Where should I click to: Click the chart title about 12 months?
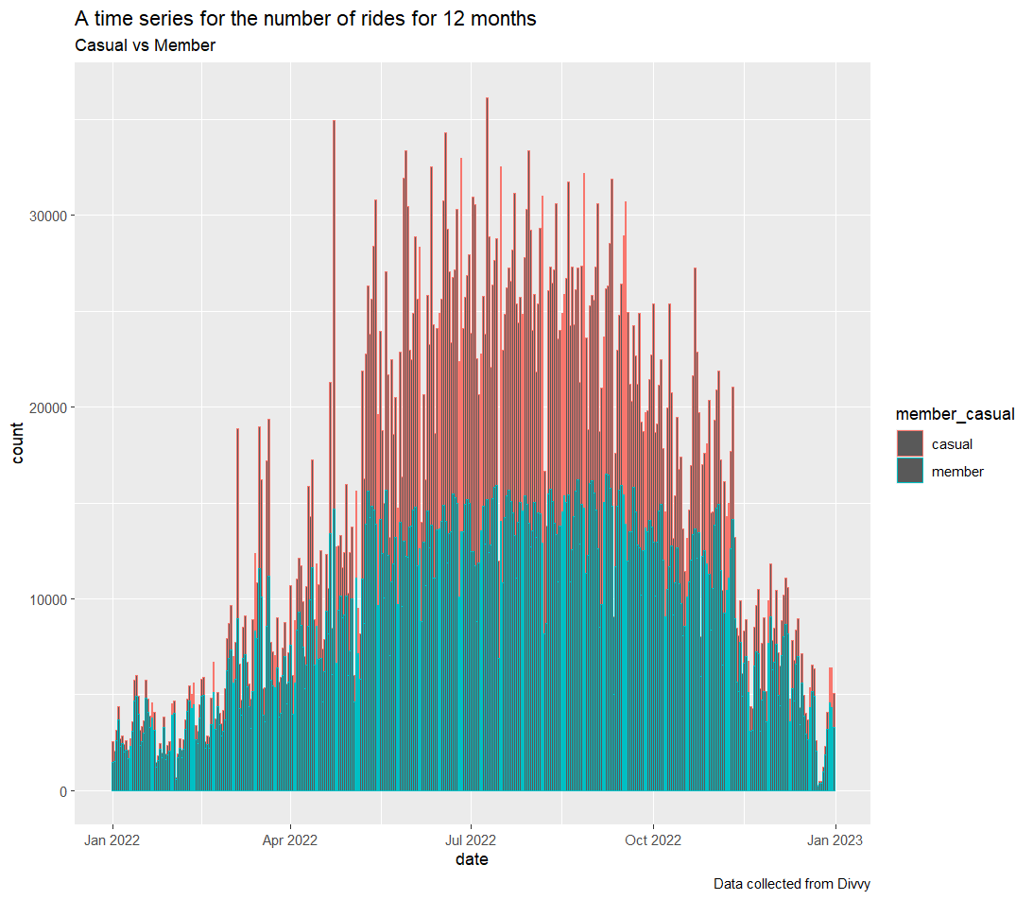pos(305,19)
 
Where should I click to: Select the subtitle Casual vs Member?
pos(145,45)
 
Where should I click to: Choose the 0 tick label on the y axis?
pos(62,791)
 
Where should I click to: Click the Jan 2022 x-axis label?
pos(112,839)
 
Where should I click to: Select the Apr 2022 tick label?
pos(290,839)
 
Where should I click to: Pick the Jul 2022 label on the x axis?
pos(471,839)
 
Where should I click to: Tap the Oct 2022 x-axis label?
pos(653,839)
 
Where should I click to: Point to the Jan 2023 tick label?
pos(835,839)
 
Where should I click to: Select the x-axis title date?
pos(472,859)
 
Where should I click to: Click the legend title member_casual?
pos(955,414)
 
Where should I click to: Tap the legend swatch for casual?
pos(909,443)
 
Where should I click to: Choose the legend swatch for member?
pos(909,471)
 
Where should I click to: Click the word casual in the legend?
pos(952,443)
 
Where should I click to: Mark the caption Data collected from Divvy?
pos(791,884)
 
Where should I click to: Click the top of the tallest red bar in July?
pos(487,98)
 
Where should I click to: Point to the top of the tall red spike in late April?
pos(334,122)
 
